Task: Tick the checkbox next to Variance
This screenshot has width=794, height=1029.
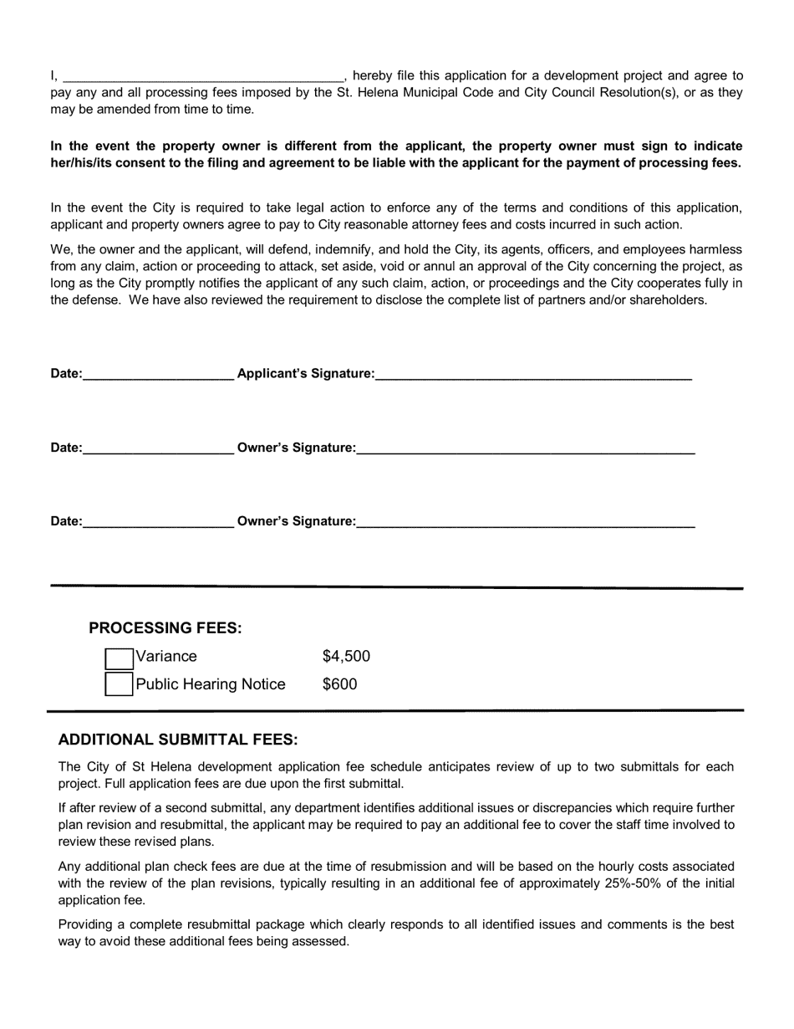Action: [x=119, y=658]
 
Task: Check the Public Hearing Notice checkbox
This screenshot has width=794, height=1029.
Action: [x=119, y=684]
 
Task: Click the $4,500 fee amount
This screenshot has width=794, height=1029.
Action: [x=346, y=657]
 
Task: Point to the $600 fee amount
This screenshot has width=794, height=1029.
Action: [x=339, y=684]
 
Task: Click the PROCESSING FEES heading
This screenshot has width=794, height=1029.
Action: [x=165, y=628]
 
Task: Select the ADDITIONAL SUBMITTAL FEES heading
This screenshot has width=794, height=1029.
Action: [x=178, y=740]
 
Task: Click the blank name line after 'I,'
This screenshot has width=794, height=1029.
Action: [x=203, y=76]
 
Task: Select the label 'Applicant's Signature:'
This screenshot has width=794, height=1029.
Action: [x=306, y=373]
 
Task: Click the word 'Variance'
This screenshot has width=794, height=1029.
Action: [x=166, y=657]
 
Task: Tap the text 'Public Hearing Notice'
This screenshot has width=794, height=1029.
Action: [x=211, y=684]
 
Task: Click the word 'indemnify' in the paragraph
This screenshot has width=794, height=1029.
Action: [x=340, y=249]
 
